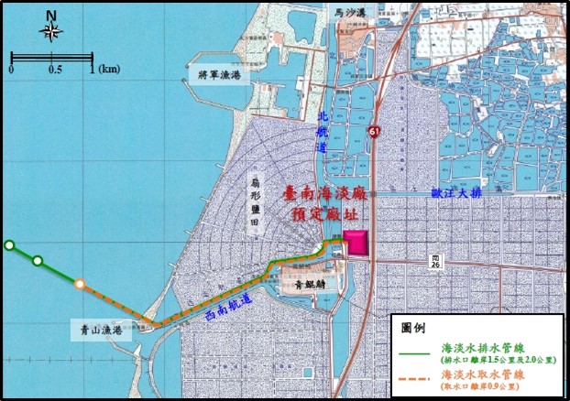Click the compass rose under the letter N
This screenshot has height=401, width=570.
click(50, 32)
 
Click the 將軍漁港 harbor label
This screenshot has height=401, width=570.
click(213, 75)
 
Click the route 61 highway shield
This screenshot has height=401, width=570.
click(376, 132)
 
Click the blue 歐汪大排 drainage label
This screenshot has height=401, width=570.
click(456, 194)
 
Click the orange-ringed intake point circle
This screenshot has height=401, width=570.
click(81, 284)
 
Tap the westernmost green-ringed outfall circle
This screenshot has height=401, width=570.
click(9, 244)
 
